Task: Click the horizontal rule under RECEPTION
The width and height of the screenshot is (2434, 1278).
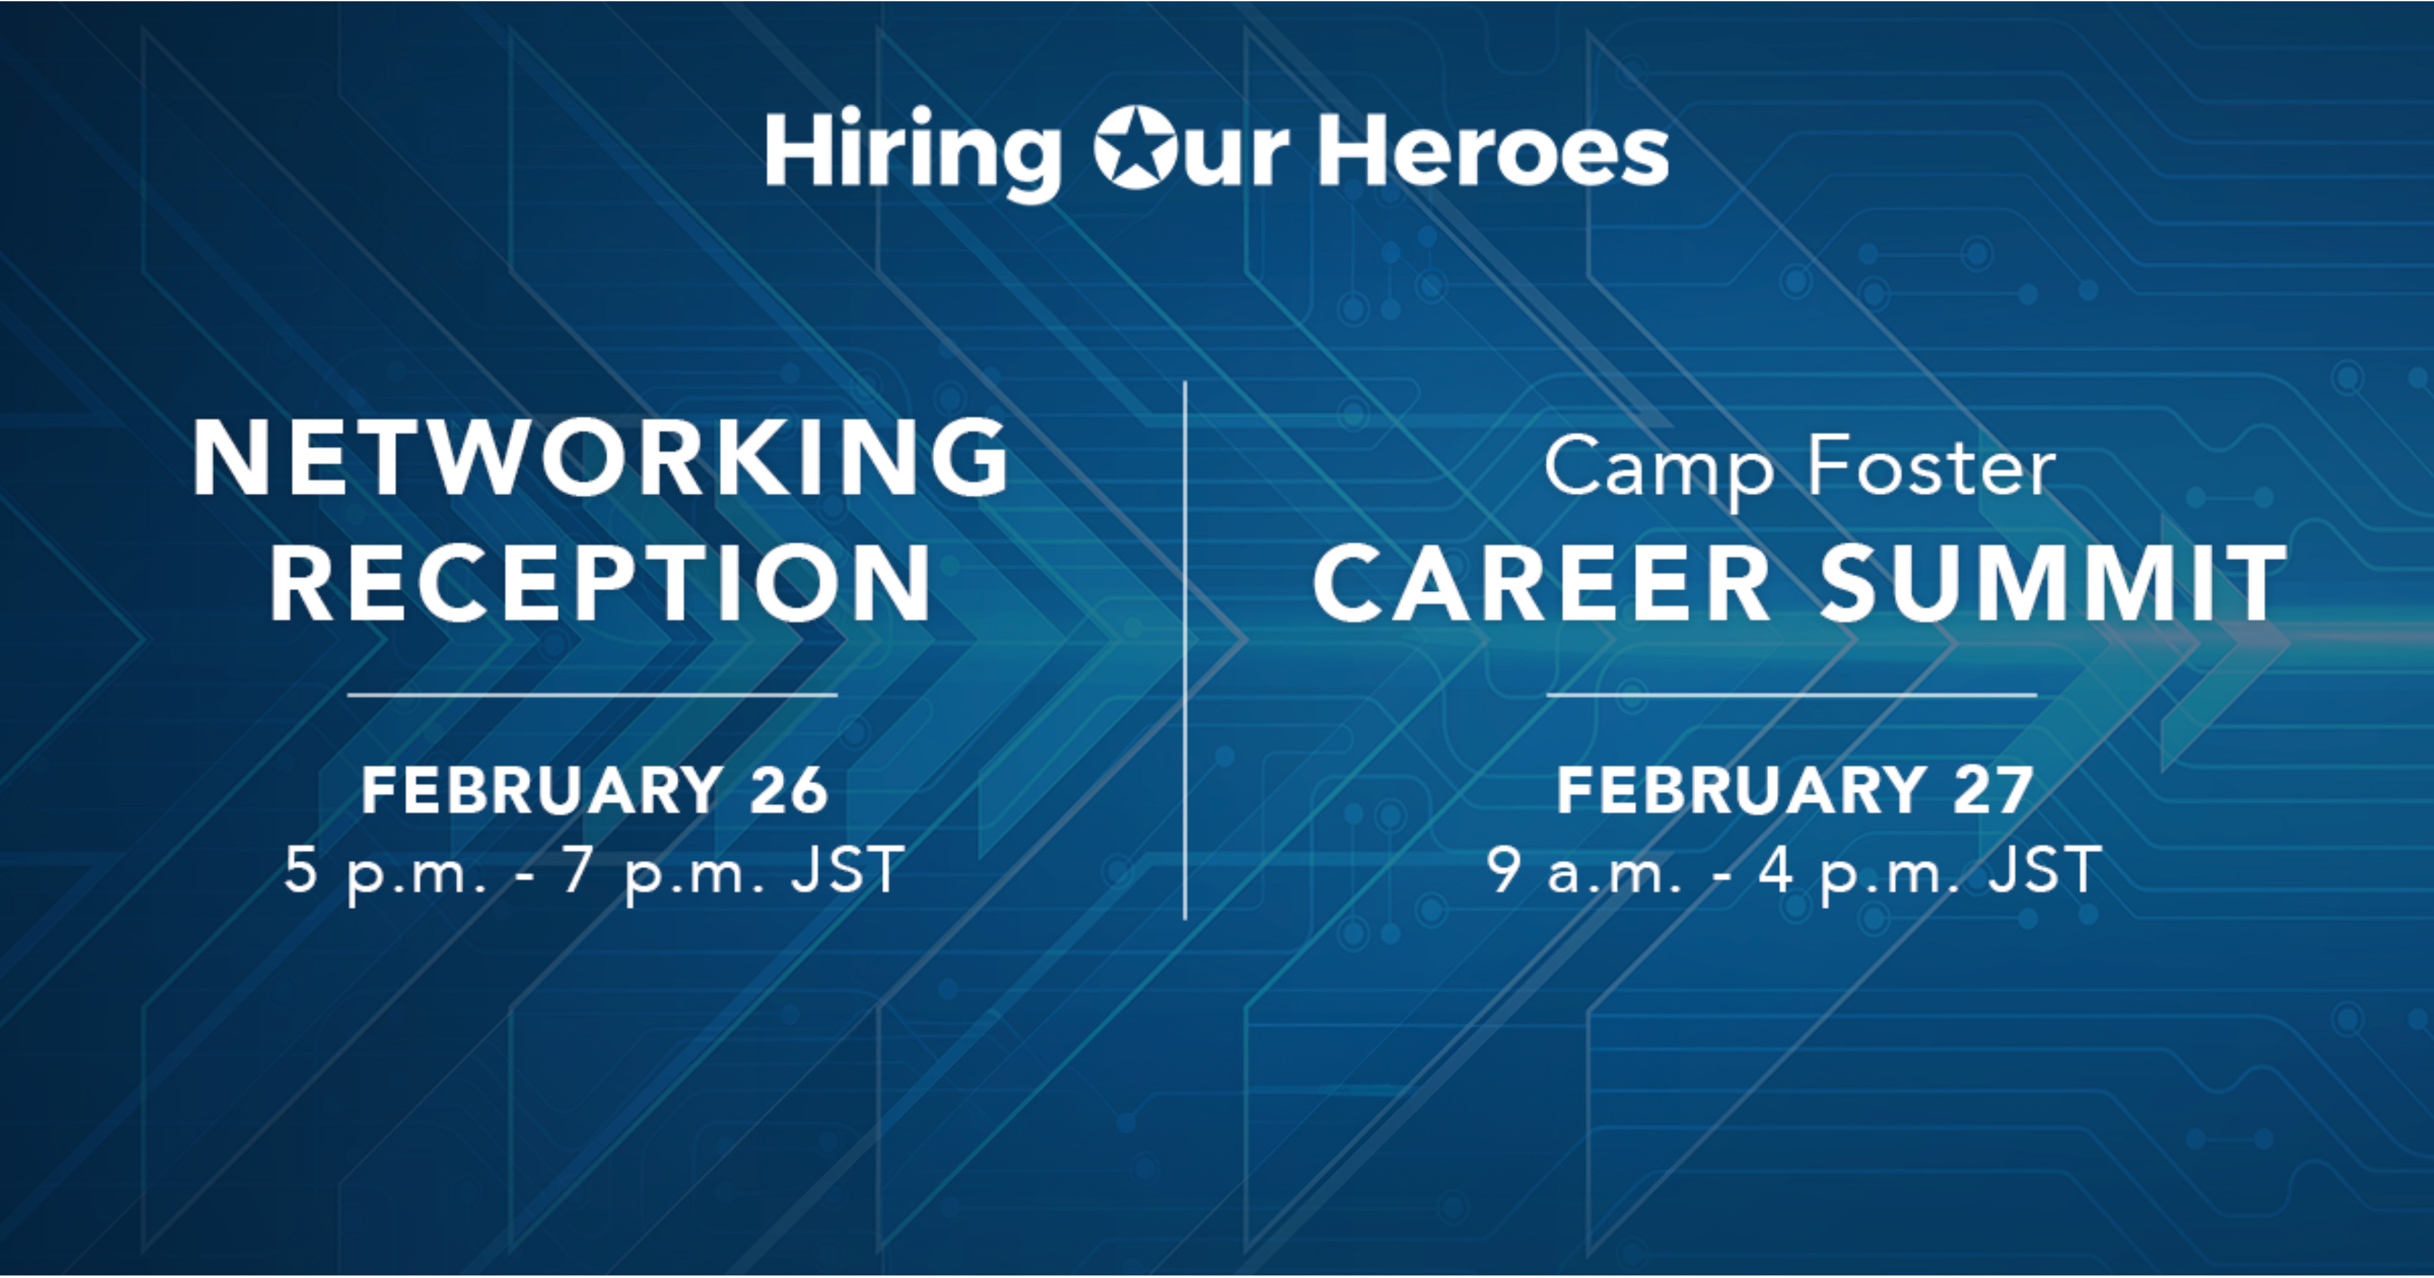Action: pyautogui.click(x=592, y=694)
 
